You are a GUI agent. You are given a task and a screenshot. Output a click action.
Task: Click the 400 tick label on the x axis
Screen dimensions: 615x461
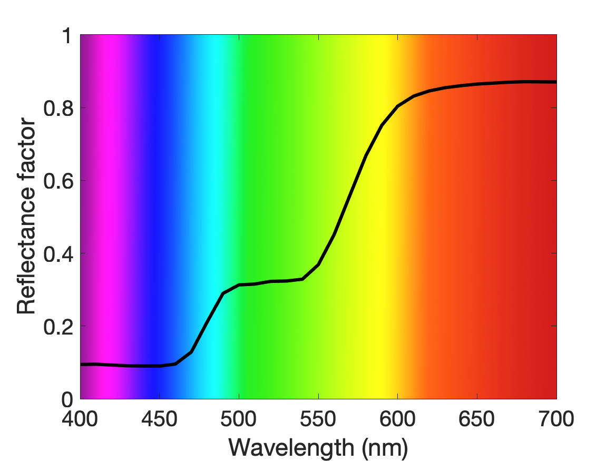(x=80, y=419)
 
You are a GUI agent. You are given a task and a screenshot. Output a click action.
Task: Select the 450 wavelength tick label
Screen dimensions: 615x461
(x=159, y=419)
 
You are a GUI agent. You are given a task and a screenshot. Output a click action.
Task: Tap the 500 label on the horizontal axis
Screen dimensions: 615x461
(x=239, y=419)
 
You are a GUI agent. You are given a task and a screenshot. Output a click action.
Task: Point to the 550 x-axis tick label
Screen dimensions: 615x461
(x=318, y=419)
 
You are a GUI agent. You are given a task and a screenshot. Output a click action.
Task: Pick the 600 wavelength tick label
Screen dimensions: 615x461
(x=397, y=419)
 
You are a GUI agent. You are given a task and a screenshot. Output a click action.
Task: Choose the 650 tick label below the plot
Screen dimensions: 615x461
(x=476, y=419)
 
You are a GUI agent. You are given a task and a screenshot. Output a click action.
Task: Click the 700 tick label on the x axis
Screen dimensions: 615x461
(x=556, y=419)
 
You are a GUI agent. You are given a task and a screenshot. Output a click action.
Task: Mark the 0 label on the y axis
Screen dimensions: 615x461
(x=67, y=399)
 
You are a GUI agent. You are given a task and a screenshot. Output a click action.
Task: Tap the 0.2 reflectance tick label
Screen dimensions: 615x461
(x=58, y=327)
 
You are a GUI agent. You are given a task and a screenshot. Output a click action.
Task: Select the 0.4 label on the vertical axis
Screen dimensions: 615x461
(x=58, y=253)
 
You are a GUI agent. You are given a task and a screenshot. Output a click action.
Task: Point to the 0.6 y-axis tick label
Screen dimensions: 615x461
(x=58, y=181)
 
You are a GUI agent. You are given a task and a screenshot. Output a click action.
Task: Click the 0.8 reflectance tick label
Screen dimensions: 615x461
(x=58, y=108)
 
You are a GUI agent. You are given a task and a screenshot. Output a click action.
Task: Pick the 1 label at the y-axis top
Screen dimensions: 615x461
(x=67, y=36)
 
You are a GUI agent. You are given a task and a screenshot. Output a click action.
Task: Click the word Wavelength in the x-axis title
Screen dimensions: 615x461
(x=291, y=447)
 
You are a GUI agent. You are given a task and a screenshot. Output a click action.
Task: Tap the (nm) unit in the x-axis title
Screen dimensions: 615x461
(x=385, y=448)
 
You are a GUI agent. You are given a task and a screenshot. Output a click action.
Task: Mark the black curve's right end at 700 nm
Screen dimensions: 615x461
(x=556, y=82)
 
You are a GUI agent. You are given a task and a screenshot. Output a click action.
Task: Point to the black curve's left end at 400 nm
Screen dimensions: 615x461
(x=81, y=365)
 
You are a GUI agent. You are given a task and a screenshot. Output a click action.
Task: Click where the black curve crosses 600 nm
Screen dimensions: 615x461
(x=397, y=106)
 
